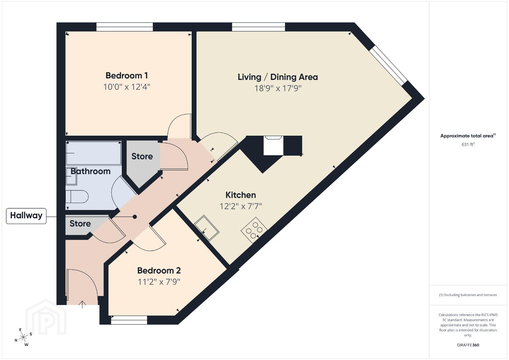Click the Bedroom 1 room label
point(126,75)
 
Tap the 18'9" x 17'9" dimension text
point(278,88)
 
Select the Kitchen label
point(240,195)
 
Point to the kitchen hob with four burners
point(254,230)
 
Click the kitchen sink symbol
point(206,228)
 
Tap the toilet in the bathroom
point(77,196)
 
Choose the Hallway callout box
point(26,216)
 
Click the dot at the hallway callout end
point(135,217)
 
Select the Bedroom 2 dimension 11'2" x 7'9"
point(159,282)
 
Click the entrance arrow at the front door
point(82,305)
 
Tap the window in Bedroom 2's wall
point(129,322)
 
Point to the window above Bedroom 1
point(124,27)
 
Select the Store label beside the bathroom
point(142,156)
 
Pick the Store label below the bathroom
point(80,223)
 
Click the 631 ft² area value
point(468,144)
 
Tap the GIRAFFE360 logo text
point(468,345)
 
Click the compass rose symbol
point(23,338)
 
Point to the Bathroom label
point(90,171)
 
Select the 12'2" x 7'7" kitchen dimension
point(240,206)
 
